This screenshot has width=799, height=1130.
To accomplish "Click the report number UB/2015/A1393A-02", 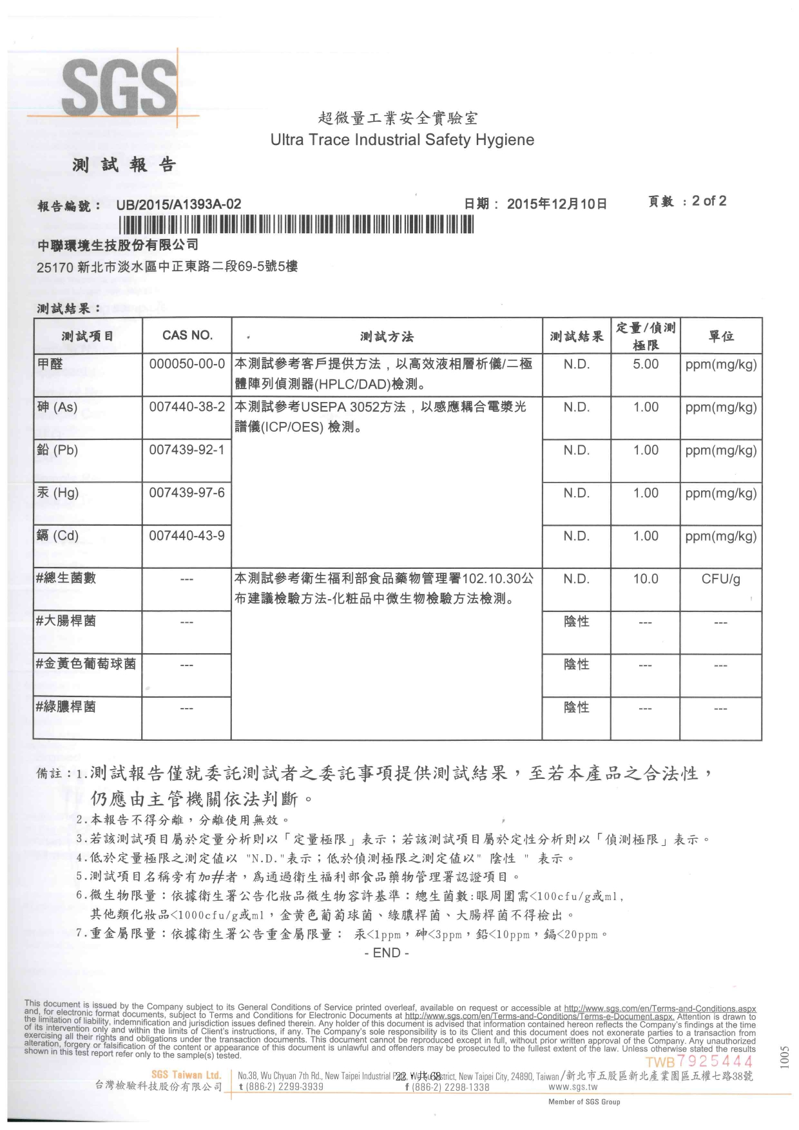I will coord(178,205).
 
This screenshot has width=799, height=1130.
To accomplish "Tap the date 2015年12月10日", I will coord(557,204).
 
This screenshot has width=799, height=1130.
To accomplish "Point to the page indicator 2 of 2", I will coord(709,201).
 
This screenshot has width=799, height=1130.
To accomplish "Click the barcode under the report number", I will coord(296,224).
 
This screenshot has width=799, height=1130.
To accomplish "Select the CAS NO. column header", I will coord(187,335).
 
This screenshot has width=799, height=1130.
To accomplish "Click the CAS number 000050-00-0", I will coord(187,364).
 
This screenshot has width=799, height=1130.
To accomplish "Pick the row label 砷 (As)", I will coord(57,407).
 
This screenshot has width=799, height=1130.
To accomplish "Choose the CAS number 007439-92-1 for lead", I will coord(187,450).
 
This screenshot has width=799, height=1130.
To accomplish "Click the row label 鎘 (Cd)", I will coord(57,536).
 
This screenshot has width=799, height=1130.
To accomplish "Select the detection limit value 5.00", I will coord(646,364).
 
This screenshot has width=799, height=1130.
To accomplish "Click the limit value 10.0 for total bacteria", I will coord(646,579).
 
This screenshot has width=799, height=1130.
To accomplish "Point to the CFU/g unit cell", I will coord(721,579).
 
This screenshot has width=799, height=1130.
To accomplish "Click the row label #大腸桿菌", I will coord(66,621).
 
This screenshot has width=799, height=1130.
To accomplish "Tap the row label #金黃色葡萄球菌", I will coord(86,664).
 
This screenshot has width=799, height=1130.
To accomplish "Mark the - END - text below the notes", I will coord(387,953).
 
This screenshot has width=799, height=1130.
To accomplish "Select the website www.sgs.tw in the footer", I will coord(573,1087).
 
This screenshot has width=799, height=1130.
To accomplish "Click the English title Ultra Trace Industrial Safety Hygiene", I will coord(402,140).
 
